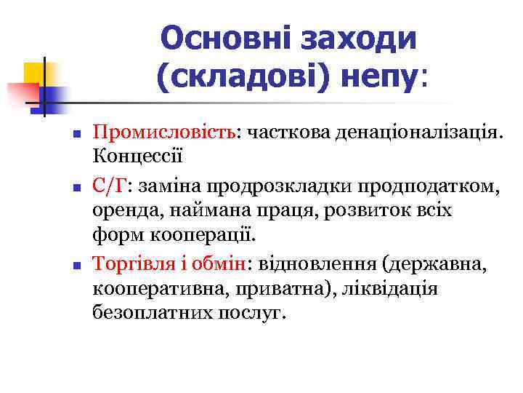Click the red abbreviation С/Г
pos(109,186)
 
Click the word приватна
pos(296,287)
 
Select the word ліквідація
pos(397,287)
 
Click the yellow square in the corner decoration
pos(34,73)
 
